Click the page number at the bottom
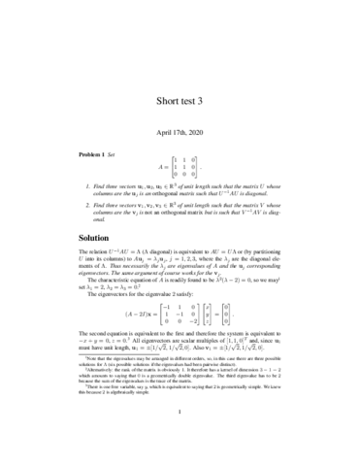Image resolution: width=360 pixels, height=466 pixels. coord(180,450)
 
